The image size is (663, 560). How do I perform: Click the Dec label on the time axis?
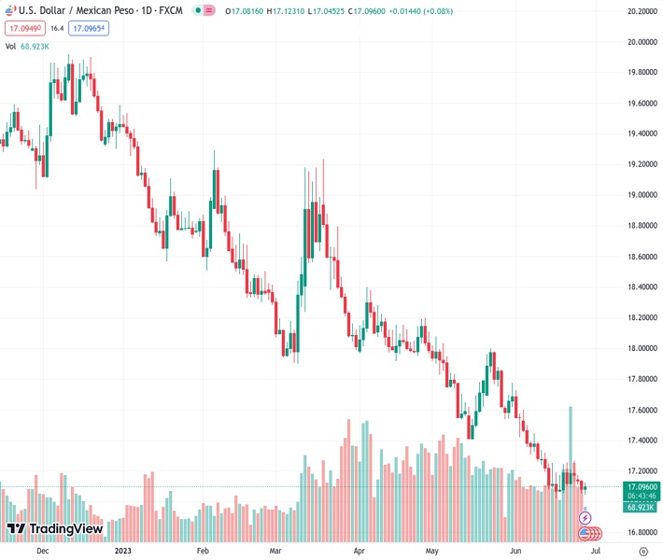click(43, 551)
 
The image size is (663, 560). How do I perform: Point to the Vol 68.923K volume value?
click(37, 46)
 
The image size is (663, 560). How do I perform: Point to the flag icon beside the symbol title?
click(8, 11)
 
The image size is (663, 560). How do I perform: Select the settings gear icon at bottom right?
click(643, 551)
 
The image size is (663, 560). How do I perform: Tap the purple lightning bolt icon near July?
click(585, 517)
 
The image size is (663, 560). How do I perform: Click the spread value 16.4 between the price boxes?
click(56, 29)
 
